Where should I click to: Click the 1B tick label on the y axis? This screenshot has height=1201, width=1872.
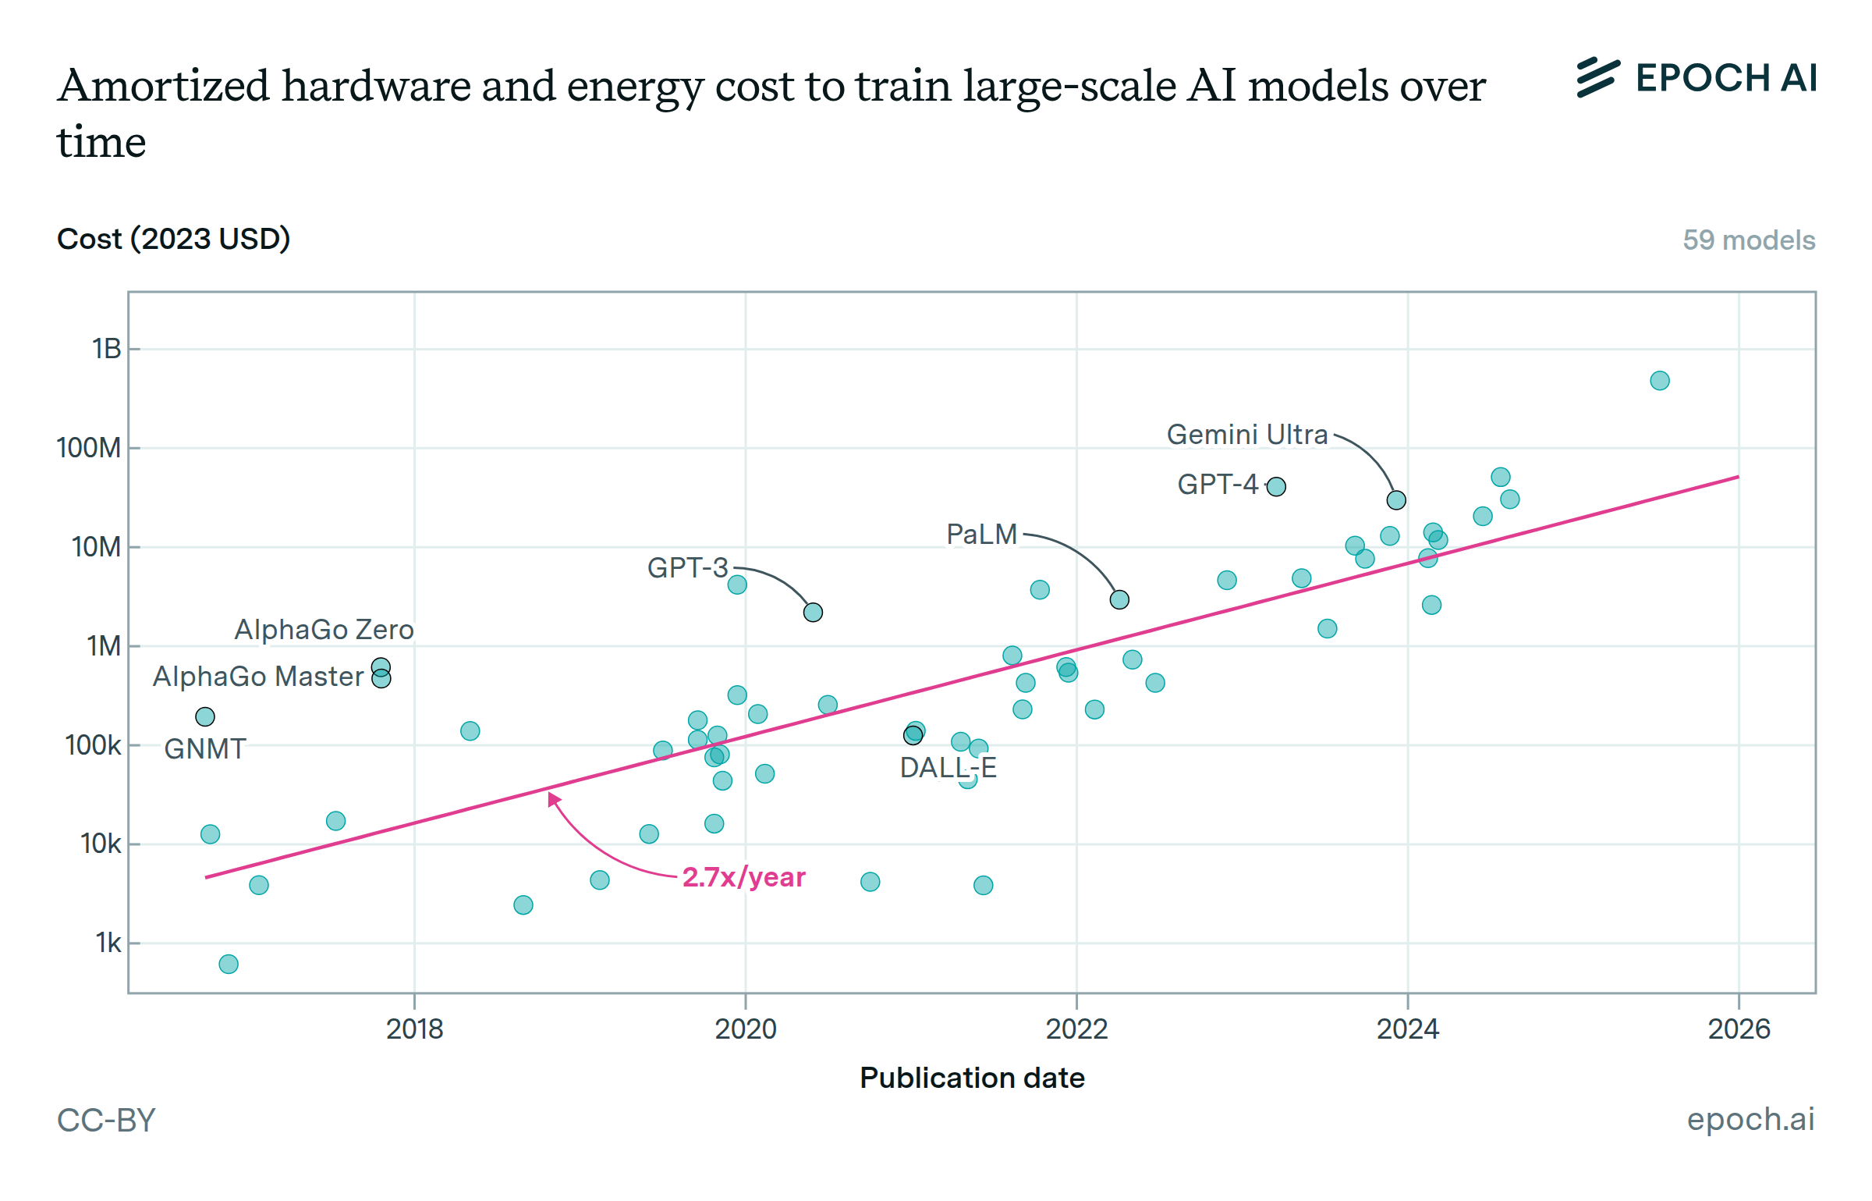click(107, 349)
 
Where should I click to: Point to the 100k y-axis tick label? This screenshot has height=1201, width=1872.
click(94, 745)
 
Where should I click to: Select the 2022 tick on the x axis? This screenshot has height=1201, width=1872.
click(1076, 1029)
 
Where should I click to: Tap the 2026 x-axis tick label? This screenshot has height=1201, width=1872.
click(1739, 1029)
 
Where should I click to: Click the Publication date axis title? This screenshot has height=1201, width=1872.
click(972, 1078)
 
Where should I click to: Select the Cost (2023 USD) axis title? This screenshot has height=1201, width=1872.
click(173, 239)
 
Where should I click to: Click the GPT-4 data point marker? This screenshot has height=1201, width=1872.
click(1276, 487)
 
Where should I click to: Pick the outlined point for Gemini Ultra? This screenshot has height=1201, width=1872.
click(1396, 500)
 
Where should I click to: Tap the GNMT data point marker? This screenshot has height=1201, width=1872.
click(205, 716)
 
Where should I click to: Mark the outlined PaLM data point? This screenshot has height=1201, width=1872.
click(1119, 599)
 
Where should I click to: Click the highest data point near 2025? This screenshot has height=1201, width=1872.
click(1660, 381)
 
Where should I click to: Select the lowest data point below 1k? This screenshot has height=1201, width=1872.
click(229, 964)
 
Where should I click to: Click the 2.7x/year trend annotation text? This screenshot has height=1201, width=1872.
click(743, 877)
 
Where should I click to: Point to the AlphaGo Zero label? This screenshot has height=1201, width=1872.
click(324, 630)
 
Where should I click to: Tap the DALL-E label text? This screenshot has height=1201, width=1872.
click(948, 768)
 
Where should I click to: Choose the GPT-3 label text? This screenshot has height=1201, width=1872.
click(687, 568)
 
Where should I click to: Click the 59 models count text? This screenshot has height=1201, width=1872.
click(1749, 240)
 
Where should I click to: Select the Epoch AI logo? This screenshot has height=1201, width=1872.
click(1696, 78)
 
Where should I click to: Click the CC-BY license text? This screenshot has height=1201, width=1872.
click(107, 1121)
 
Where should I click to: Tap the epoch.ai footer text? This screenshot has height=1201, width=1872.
click(1750, 1119)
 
